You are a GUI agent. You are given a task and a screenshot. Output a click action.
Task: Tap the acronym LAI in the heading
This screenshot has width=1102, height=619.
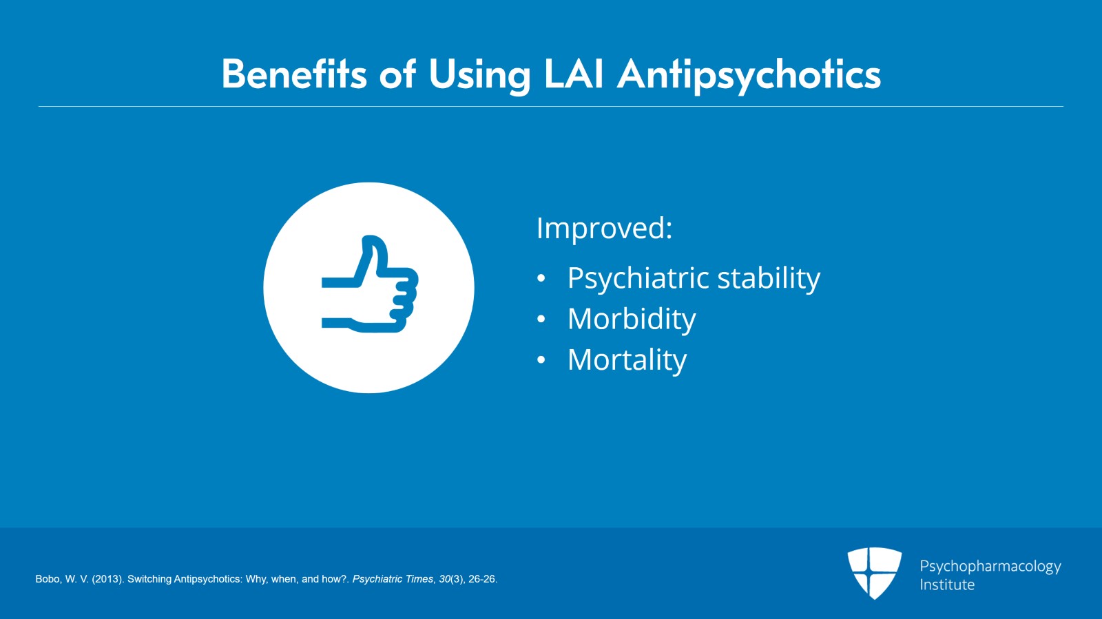click(x=574, y=74)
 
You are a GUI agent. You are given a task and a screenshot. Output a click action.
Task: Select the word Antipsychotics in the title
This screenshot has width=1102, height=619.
click(x=749, y=75)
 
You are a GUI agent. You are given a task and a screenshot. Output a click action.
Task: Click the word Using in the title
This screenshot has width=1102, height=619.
click(x=479, y=75)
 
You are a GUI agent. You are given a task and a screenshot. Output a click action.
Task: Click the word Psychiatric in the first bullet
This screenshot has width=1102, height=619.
click(x=638, y=278)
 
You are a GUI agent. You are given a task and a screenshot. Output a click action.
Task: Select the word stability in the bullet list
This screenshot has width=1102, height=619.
click(x=769, y=278)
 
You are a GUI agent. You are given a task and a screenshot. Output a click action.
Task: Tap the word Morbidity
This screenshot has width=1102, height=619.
click(x=632, y=319)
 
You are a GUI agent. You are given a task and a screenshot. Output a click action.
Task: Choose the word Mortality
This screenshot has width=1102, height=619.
click(x=627, y=359)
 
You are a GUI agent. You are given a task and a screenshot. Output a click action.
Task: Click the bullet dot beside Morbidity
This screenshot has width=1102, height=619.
click(x=541, y=319)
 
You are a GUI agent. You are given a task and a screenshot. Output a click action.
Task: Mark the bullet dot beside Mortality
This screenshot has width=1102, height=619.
click(x=541, y=360)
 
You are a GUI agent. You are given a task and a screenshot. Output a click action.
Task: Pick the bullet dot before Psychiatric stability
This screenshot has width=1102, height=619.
click(x=541, y=279)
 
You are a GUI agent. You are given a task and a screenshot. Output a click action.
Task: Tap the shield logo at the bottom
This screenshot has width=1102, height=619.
click(x=874, y=572)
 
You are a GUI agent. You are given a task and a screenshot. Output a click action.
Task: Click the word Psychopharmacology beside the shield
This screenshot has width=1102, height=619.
click(x=990, y=566)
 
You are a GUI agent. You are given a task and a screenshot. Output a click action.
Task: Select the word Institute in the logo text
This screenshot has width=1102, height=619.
click(x=947, y=585)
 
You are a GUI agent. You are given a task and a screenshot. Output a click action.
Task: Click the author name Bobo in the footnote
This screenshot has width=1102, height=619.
click(x=48, y=579)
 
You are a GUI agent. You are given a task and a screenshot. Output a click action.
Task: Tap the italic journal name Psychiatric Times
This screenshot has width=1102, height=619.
click(x=393, y=579)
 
